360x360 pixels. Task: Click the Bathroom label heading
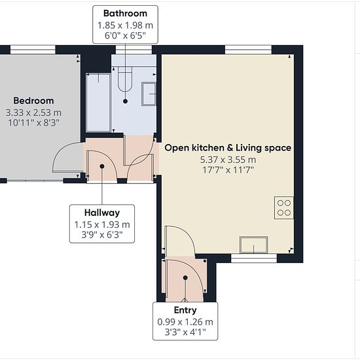click(125, 13)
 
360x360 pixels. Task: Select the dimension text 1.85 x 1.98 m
click(125, 26)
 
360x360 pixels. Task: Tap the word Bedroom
click(33, 101)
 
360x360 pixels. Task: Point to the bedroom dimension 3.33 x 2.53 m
click(33, 113)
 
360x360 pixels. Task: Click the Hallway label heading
click(102, 213)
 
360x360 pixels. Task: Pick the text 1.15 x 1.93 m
click(102, 225)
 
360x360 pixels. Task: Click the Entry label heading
click(185, 310)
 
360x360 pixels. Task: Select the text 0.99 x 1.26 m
click(185, 322)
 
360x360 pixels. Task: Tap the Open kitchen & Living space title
click(228, 148)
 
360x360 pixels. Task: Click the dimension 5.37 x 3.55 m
click(228, 160)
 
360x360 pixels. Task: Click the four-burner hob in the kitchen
click(284, 207)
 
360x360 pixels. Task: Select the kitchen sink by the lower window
click(254, 245)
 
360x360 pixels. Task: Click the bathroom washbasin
click(149, 94)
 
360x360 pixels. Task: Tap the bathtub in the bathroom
click(98, 102)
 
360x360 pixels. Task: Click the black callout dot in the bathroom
click(125, 101)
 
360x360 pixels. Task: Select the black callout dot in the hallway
click(102, 166)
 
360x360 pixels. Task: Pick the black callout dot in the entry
click(185, 278)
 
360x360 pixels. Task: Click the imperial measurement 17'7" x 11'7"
click(228, 170)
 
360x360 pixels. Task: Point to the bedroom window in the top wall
click(33, 50)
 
